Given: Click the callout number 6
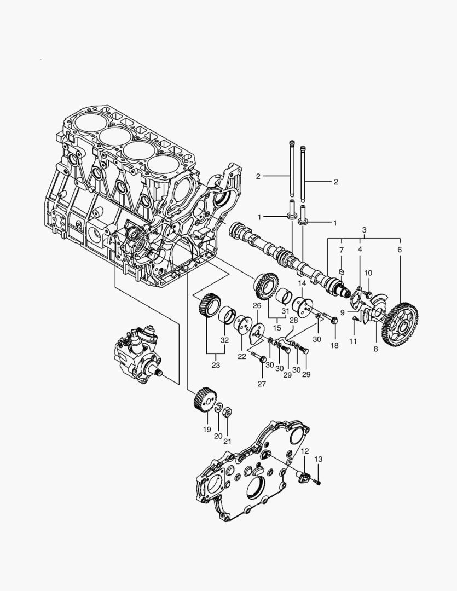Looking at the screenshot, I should (399, 250).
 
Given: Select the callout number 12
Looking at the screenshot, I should (305, 451).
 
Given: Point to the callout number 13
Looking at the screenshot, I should (319, 459).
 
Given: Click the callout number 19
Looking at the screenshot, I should (207, 430).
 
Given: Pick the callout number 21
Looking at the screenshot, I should (227, 441).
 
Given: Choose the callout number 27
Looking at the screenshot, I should (262, 384).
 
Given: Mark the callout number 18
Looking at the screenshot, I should (334, 345).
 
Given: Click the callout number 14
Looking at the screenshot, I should (302, 283).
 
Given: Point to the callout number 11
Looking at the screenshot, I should (353, 341).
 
